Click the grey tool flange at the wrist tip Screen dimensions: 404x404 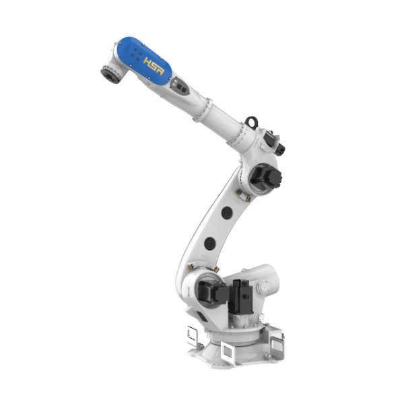(108, 70)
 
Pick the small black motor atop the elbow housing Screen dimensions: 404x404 (276, 144)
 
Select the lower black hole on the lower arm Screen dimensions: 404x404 (209, 244)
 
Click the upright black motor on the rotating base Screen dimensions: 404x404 (240, 296)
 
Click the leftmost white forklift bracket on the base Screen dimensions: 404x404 (192, 334)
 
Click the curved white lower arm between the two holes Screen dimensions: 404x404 (217, 228)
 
